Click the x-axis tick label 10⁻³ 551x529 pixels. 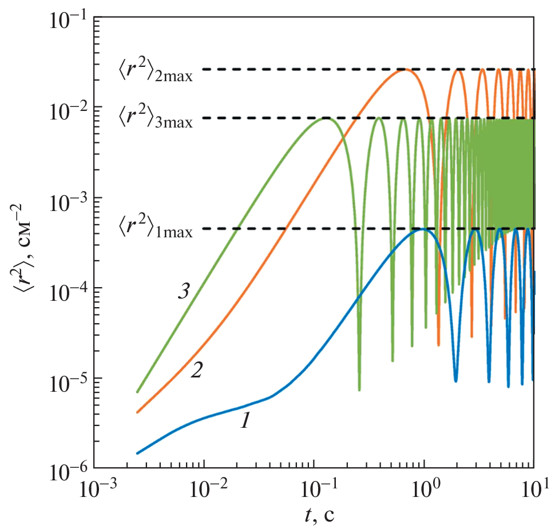95,490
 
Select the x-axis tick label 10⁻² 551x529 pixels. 204,490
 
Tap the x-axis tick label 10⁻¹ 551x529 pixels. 314,490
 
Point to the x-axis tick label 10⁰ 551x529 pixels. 424,490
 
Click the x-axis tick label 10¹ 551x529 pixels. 533,490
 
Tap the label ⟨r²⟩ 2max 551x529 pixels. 156,71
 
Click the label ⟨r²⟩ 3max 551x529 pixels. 156,120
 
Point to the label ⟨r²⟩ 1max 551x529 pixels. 156,230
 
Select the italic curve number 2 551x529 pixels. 196,371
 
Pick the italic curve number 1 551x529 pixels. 245,422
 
